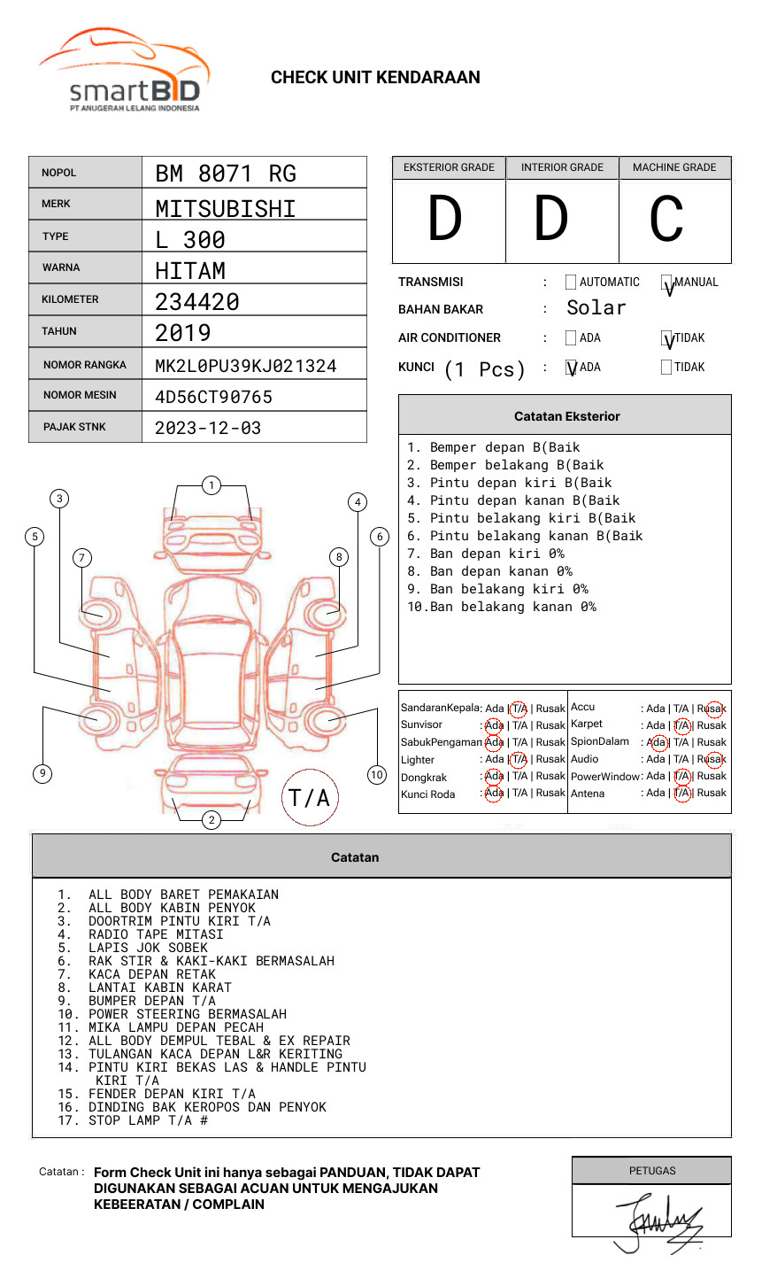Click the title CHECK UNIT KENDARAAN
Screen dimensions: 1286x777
coord(375,78)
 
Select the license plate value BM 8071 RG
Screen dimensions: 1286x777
coord(226,174)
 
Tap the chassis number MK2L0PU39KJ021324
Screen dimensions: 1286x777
coord(245,366)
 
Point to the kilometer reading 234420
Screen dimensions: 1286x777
coord(197,302)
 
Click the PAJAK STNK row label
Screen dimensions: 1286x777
coord(73,427)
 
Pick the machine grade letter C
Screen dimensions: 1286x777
coord(666,220)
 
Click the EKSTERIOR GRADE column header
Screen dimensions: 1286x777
coord(449,167)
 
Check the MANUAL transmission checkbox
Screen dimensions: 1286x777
coord(667,283)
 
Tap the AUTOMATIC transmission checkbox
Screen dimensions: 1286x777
coord(571,283)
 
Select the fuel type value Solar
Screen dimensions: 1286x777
coord(596,308)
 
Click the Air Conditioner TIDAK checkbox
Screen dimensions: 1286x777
coord(667,338)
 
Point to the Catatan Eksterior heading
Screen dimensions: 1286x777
coord(566,416)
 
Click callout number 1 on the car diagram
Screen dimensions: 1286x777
coord(211,485)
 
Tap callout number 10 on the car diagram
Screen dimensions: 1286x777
coord(377,775)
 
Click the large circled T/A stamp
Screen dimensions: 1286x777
coord(310,797)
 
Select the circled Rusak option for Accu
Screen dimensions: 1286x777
coord(712,709)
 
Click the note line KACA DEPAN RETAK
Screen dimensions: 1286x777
coord(151,974)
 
